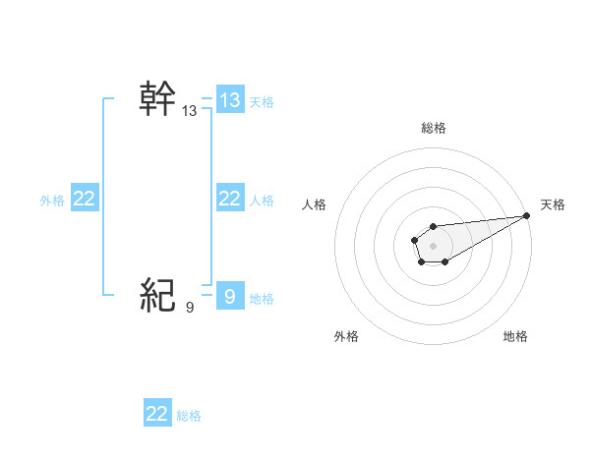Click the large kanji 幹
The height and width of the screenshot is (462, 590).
pos(158,98)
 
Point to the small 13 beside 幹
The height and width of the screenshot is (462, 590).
pos(190,112)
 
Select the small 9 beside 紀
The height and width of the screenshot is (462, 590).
pos(190,308)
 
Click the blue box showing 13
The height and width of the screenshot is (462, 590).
pos(230,99)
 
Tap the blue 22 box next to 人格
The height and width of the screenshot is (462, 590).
pos(230,199)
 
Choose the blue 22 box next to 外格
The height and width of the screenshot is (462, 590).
pos(85,199)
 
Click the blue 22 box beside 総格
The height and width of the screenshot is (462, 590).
pos(157,414)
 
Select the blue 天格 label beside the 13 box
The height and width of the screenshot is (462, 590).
pos(262,101)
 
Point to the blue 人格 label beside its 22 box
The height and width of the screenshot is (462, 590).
pos(262,201)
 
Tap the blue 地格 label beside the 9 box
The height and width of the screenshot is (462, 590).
pos(262,298)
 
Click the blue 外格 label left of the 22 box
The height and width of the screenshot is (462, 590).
pos(52,201)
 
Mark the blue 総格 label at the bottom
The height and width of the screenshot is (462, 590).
pos(189,416)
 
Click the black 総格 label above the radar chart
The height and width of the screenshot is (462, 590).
pos(433,128)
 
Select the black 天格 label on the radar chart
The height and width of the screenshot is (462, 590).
pos(554,204)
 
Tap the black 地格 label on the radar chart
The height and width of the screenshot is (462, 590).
pos(515,336)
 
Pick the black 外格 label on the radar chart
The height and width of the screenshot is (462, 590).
pos(346,336)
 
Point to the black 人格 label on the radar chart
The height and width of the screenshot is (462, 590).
pos(315,204)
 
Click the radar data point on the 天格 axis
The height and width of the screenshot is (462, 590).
pos(526,215)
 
